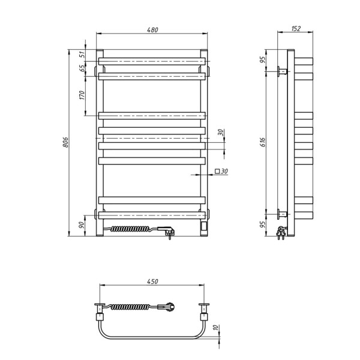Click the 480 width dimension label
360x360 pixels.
(152, 30)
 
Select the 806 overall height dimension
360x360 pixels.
(65, 142)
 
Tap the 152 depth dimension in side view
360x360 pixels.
(296, 28)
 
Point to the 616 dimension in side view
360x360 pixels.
(263, 142)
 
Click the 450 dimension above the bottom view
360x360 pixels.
(152, 281)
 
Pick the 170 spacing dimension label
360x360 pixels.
(82, 95)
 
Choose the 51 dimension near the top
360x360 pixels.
(82, 55)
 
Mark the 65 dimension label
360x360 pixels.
(82, 68)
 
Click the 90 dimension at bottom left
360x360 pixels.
(81, 225)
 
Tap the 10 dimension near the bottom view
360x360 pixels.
(215, 328)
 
